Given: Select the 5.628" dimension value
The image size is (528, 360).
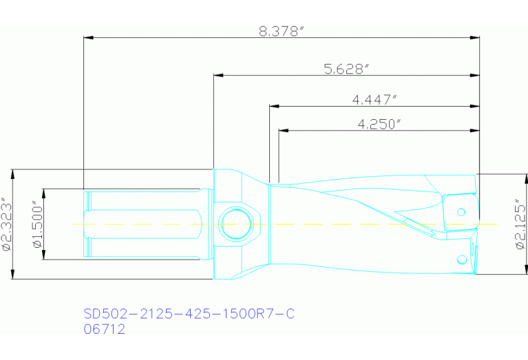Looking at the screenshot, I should (x=347, y=68).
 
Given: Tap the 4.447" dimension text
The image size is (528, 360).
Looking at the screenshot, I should (x=375, y=99).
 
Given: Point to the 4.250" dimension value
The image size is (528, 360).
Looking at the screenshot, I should (x=379, y=124).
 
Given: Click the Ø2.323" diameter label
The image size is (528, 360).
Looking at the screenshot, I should (x=8, y=224).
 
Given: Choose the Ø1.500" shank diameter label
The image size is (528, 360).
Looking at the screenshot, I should (x=37, y=224).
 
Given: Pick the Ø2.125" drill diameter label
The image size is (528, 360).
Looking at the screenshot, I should (x=520, y=224).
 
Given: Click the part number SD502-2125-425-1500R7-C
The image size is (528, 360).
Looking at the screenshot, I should (x=189, y=315).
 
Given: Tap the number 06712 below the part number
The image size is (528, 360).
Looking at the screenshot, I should (x=104, y=330).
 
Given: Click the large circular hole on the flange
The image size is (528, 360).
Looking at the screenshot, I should (x=235, y=223).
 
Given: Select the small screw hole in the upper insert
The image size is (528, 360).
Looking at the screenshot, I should (x=461, y=211).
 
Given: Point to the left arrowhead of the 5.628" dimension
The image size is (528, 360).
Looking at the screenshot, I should (x=218, y=75).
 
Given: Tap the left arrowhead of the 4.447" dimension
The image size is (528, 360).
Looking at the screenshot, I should (x=273, y=106).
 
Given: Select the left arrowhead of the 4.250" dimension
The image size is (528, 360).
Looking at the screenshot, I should (x=283, y=130).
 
